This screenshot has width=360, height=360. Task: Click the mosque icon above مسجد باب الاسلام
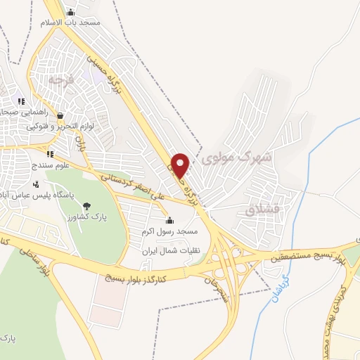point(70,12)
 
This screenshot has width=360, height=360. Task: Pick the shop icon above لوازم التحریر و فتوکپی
point(60,116)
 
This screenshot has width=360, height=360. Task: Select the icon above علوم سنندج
point(49,154)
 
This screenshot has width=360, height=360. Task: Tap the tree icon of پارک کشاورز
point(86,207)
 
